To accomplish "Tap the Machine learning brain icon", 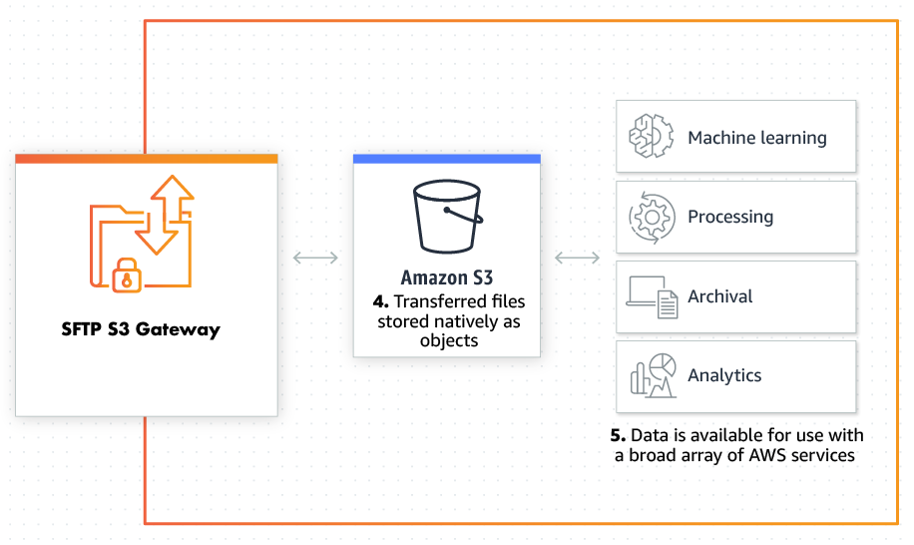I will click(647, 137).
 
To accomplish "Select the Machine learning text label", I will click(756, 138).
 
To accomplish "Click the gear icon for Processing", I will click(647, 217).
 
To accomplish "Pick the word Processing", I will click(729, 217).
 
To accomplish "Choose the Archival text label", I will click(719, 296).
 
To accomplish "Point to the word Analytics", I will click(724, 376).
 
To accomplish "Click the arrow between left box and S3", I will click(315, 259).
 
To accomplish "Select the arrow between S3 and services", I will click(577, 259).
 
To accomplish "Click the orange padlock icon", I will click(125, 275).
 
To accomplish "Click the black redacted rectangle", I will click(142, 342).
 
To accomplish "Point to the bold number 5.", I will click(618, 436).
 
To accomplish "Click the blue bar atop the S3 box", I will click(447, 159).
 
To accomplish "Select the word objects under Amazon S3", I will click(448, 340).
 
